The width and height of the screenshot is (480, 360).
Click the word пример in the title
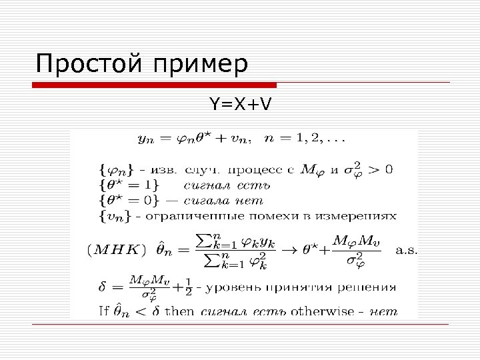coord(200,65)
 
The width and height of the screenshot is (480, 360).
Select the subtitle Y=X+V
coord(241,104)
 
